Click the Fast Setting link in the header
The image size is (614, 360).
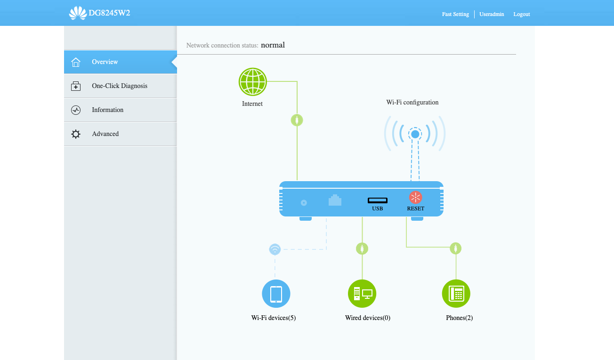coord(455,14)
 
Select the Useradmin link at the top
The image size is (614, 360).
coord(492,14)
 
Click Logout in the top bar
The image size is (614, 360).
coord(521,14)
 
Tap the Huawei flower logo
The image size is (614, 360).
coord(78,13)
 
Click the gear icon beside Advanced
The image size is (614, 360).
coord(76,134)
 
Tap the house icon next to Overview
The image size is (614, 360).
coord(76,62)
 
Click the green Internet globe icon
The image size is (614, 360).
coord(252,81)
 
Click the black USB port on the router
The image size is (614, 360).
coord(378,200)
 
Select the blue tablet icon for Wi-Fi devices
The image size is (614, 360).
coord(276,294)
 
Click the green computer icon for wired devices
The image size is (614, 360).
coord(362,294)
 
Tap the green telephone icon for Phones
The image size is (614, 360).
coord(456,294)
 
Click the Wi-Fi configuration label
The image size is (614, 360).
coord(412,103)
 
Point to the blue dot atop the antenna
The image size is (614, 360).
coord(415,134)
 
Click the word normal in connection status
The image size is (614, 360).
coord(273,45)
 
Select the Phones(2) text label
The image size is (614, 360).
coord(460,318)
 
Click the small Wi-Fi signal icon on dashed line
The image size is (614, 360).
coord(275,249)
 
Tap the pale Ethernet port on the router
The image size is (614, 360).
coord(335,200)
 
